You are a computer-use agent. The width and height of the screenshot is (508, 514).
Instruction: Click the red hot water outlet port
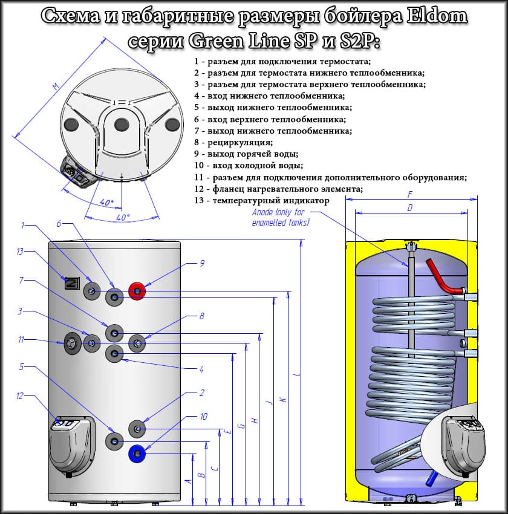(138, 293)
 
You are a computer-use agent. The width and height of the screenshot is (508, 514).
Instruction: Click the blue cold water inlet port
(138, 452)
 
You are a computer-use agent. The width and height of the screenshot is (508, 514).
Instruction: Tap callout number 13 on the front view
(20, 252)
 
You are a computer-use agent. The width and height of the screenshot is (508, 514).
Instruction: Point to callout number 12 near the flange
(20, 396)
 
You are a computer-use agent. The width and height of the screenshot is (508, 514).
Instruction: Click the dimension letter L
(296, 376)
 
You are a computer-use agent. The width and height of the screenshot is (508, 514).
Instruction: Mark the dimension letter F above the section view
(410, 195)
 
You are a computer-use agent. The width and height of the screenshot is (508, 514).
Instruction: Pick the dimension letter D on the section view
(410, 208)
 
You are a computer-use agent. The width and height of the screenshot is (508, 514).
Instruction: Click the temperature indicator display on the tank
(71, 282)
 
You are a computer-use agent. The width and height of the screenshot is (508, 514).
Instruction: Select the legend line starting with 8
(233, 143)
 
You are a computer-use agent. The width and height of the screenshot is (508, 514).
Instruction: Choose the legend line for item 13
(261, 200)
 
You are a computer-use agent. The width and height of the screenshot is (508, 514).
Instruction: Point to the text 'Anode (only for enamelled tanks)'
(281, 218)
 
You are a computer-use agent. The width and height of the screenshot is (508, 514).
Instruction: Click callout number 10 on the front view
(203, 417)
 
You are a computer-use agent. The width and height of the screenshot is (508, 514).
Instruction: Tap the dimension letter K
(283, 399)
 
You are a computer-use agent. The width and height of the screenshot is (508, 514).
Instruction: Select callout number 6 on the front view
(59, 224)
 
